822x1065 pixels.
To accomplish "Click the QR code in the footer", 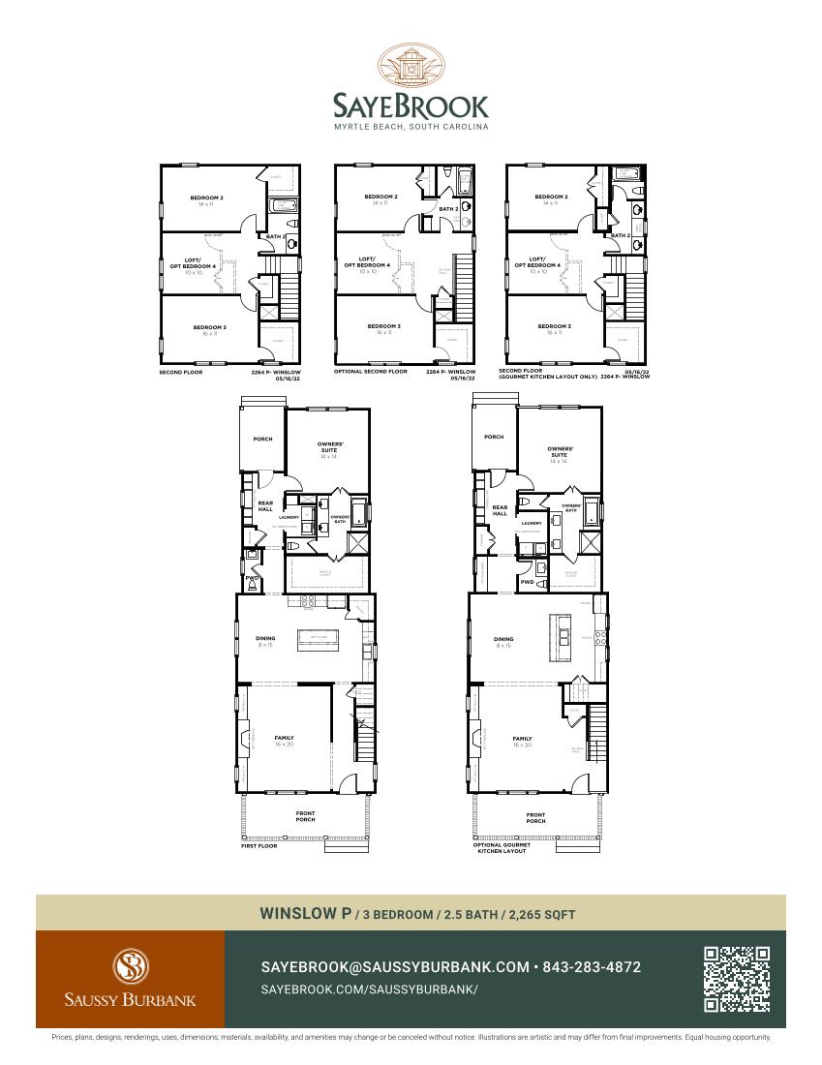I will coord(737,979).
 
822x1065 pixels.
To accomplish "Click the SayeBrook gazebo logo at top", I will coord(411,66).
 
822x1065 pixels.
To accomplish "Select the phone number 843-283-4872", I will coord(592,967).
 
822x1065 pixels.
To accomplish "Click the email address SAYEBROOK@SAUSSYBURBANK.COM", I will coord(395,967).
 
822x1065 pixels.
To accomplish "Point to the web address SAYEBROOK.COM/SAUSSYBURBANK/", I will coord(370,989).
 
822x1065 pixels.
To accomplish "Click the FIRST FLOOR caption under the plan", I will coord(259,846).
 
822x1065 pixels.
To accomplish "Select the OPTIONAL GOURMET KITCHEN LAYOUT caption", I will coord(502,847).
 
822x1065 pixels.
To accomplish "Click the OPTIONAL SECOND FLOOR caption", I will coord(371,371).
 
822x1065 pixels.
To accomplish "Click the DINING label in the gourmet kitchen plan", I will coord(503,639).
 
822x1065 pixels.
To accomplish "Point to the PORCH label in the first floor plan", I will coord(262,439).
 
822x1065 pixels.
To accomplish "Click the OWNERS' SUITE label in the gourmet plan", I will coord(560,452).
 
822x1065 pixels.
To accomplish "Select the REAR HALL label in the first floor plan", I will coord(265,505).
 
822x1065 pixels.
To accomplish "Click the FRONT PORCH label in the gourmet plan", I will coord(535,817).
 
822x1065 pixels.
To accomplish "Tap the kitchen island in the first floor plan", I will coord(316,636).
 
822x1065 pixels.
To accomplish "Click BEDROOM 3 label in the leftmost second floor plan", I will coord(209,327).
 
